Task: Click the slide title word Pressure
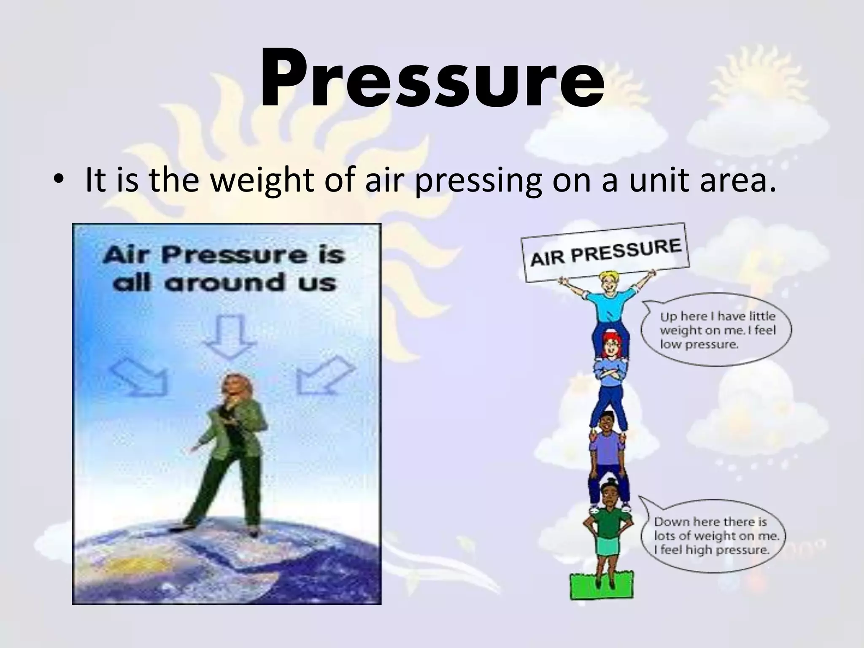(432, 78)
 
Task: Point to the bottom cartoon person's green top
(607, 523)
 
